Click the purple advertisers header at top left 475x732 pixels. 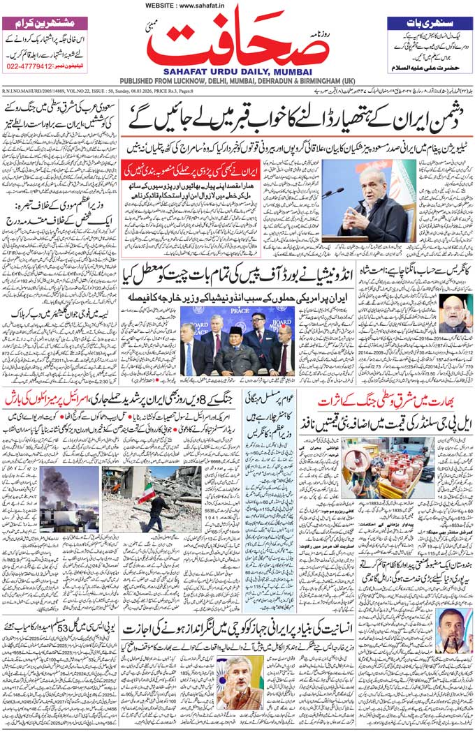point(45,22)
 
